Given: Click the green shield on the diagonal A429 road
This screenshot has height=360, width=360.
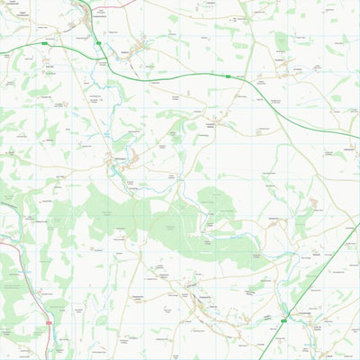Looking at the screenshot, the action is [x=286, y=319].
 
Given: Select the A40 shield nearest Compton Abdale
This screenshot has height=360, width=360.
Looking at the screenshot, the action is [x=229, y=77].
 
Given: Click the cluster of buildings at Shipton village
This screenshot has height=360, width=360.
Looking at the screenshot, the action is [x=142, y=45].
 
